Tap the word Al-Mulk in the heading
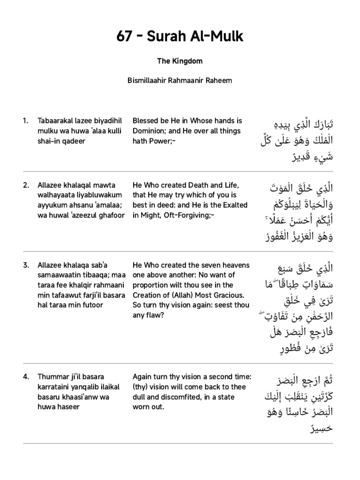(x=218, y=37)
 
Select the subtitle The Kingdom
(x=180, y=61)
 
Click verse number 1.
(x=25, y=121)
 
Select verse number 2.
(x=26, y=185)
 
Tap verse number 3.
(x=26, y=265)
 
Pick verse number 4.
(x=26, y=376)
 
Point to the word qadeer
(x=75, y=141)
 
